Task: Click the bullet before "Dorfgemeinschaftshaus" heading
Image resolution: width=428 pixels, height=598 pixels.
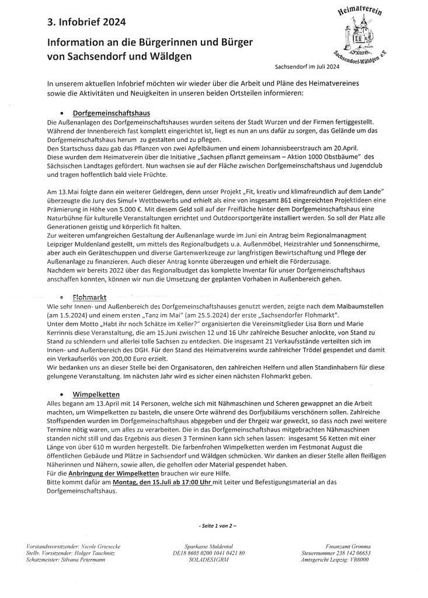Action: tap(61, 112)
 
